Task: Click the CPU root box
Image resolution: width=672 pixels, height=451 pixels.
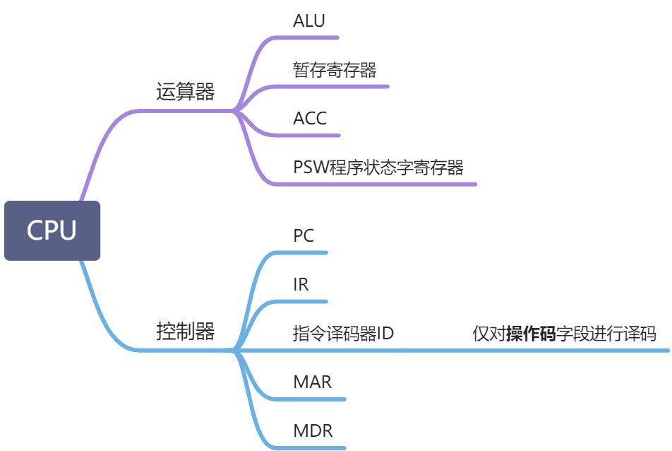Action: click(x=52, y=230)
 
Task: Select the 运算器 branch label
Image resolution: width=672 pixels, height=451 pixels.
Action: click(x=185, y=91)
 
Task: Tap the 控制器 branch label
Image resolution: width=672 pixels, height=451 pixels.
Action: click(x=185, y=331)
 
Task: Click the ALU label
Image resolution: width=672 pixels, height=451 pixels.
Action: click(x=309, y=20)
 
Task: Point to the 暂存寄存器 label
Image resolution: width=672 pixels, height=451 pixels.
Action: click(x=335, y=69)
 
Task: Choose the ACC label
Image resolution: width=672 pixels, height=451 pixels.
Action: click(x=310, y=119)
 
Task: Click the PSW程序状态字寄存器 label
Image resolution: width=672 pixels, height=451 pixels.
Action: click(x=378, y=167)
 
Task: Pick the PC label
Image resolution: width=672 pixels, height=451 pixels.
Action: click(x=304, y=235)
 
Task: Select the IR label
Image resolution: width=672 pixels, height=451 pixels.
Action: click(x=301, y=284)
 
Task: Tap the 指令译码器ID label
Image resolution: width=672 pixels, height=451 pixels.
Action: click(x=343, y=333)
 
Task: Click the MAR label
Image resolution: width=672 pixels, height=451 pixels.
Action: click(x=313, y=382)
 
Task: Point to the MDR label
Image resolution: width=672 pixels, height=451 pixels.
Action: click(x=313, y=430)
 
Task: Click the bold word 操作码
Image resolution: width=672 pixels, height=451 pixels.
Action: click(x=531, y=334)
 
